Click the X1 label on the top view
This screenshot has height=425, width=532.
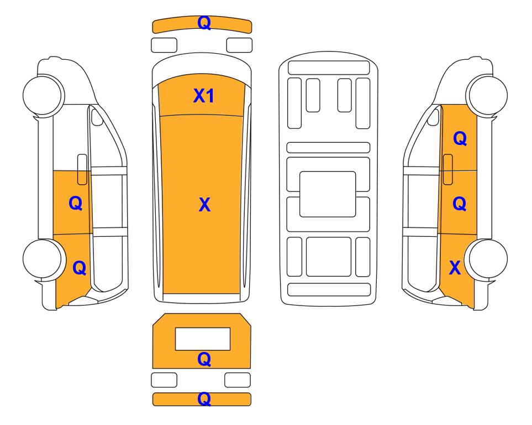point(203,96)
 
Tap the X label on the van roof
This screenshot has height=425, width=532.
point(204,205)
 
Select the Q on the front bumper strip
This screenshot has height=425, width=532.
point(204,23)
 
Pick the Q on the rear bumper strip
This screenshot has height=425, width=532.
point(204,399)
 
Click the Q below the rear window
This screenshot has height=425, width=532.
point(204,359)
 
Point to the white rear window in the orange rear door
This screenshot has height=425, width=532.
point(203,339)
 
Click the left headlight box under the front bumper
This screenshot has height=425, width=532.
point(164,45)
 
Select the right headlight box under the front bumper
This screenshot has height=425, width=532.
point(239,45)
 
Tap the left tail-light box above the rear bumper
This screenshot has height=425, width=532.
point(164,380)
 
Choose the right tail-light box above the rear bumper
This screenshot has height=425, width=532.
point(238,380)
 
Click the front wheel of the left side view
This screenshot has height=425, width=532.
point(43,95)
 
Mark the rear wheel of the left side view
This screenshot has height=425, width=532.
point(43,259)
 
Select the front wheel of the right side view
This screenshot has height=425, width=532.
point(487,95)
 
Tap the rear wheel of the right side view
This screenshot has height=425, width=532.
point(487,259)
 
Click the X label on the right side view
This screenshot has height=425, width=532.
point(455,268)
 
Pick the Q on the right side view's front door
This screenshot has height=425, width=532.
point(460,138)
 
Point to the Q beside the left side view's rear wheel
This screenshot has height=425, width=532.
point(80,268)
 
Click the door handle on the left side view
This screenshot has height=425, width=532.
point(82,169)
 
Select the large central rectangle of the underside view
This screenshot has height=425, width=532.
point(328,194)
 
